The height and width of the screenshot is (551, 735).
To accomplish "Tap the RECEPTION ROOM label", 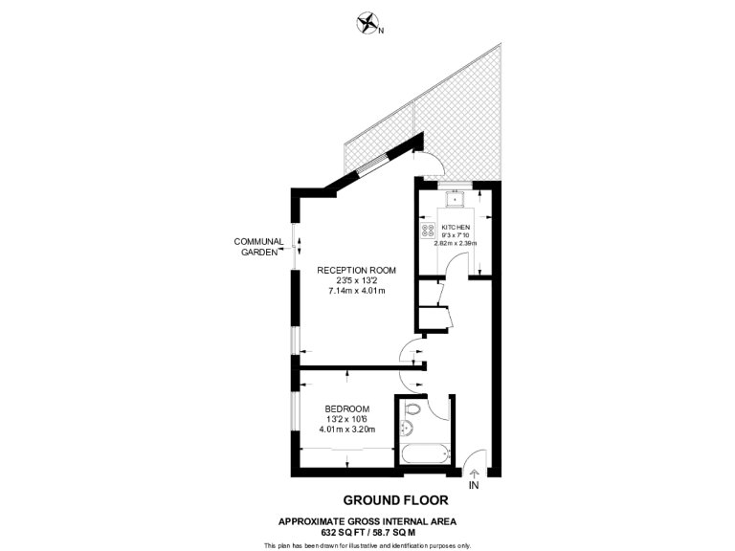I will click(356, 270).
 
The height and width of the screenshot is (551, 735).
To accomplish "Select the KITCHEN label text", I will click(457, 226).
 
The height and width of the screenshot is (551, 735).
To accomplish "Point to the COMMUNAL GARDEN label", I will click(259, 247).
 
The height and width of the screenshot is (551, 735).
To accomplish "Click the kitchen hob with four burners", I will click(428, 231).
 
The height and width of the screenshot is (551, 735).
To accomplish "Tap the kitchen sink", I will click(456, 199).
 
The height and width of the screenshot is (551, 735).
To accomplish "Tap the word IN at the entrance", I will click(474, 485).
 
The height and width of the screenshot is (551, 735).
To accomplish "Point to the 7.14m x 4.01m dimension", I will click(356, 291).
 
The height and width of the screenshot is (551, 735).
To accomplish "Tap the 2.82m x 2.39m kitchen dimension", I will click(457, 244).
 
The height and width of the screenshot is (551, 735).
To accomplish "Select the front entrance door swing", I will click(476, 457).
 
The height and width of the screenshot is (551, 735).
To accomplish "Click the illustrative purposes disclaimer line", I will click(367, 544).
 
